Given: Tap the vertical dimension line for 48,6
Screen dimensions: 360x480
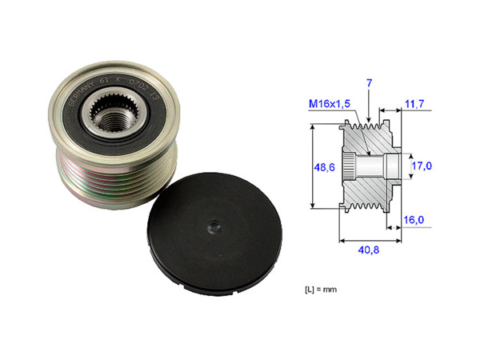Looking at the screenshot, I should pyautogui.click(x=310, y=167).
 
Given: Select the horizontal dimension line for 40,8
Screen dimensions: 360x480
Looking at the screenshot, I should pyautogui.click(x=370, y=238).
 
